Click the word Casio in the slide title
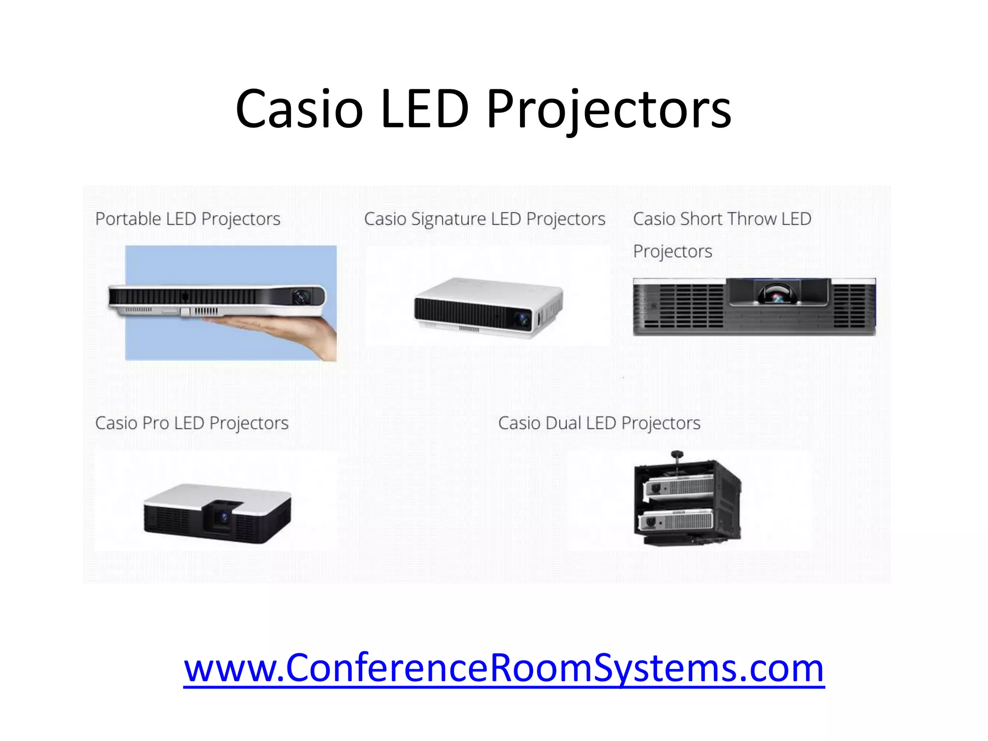pos(299,110)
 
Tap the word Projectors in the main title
pos(609,110)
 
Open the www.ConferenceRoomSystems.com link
pos(504,668)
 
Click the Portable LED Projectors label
pos(188,219)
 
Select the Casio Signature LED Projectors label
pos(484,219)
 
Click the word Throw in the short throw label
pos(749,219)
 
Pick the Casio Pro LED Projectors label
pos(192,423)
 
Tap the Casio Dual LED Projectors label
pos(599,423)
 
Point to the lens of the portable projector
pos(302,296)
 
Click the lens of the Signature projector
pos(522,319)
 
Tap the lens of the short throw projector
pos(778,295)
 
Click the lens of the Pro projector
pos(224,518)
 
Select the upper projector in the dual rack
pos(679,486)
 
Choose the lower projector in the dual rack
pos(675,521)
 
